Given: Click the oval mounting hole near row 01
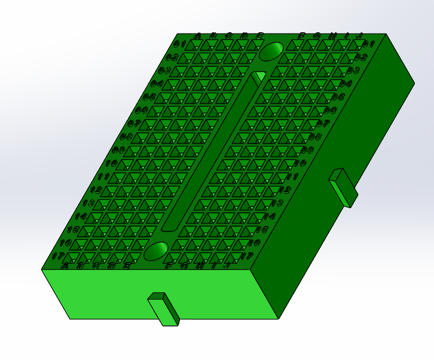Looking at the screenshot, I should click(x=272, y=51).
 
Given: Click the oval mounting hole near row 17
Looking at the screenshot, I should click(x=157, y=251).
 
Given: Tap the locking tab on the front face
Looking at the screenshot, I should click(x=164, y=309).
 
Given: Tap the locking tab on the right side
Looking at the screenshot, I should click(x=343, y=187).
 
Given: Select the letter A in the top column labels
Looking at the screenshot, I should click(x=198, y=36).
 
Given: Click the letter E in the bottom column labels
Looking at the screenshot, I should click(x=126, y=266).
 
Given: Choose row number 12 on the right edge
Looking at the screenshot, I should click(x=285, y=190).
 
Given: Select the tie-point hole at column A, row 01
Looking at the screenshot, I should click(x=194, y=45).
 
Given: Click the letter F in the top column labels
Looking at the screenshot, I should click(x=302, y=36).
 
